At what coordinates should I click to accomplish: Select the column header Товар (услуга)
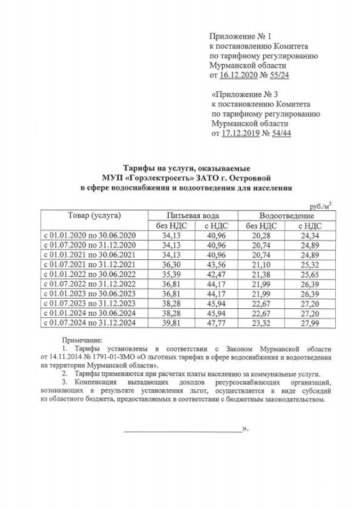tap(94, 216)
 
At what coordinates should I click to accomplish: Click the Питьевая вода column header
tap(193, 216)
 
